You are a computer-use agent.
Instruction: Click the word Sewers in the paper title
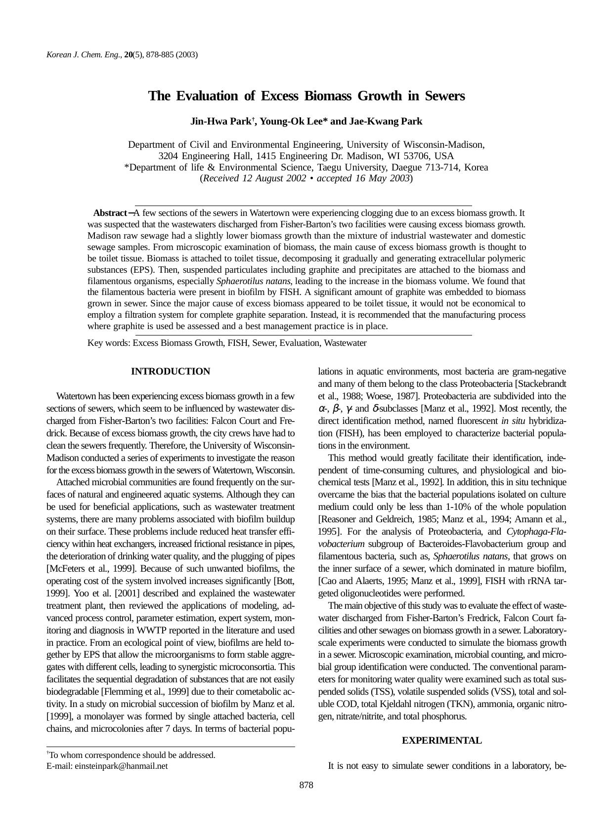point(444,96)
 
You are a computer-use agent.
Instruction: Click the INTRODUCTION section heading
point(171,372)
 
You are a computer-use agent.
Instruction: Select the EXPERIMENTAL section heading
point(441,741)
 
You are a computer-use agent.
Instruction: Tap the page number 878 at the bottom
point(306,785)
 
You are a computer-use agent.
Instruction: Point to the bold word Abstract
point(110,213)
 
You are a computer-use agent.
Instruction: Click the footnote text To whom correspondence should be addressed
point(132,755)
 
